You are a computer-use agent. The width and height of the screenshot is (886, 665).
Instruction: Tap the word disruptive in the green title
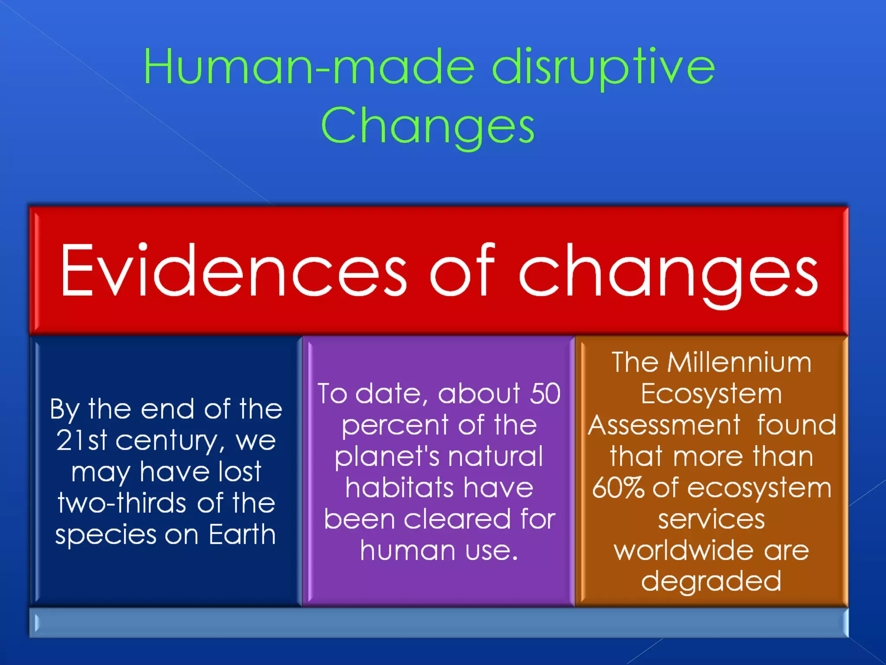pyautogui.click(x=603, y=67)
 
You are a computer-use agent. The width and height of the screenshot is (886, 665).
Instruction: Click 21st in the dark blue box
pyautogui.click(x=81, y=441)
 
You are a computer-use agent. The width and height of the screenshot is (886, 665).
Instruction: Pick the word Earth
pyautogui.click(x=242, y=535)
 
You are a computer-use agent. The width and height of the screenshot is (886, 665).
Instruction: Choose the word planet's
pyautogui.click(x=387, y=457)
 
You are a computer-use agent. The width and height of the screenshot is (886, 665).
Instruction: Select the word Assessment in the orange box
pyautogui.click(x=664, y=425)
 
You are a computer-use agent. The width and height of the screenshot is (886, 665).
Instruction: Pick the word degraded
pyautogui.click(x=711, y=581)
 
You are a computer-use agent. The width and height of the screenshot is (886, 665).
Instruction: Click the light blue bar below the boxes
pyautogui.click(x=439, y=623)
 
